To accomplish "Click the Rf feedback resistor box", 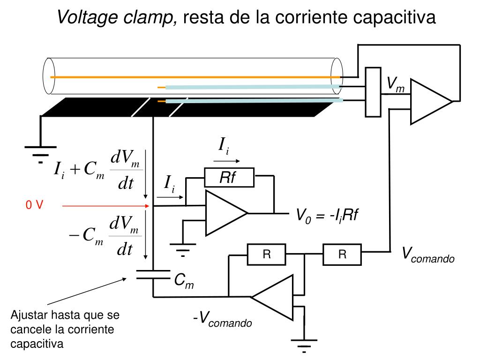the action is (x=229, y=177).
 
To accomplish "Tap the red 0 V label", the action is (x=34, y=205).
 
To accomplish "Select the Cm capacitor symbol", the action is (x=153, y=275).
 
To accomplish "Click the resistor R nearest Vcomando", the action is (x=342, y=255).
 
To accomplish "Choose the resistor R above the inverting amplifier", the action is (x=267, y=255).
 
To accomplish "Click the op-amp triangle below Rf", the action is (x=226, y=213).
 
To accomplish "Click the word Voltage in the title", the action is (x=87, y=17).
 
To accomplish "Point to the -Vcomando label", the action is (x=223, y=319).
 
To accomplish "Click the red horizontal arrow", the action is (x=105, y=206).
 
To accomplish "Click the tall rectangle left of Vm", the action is (x=373, y=92).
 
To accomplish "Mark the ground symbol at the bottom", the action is (x=304, y=346).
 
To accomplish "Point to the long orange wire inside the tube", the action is (x=195, y=77).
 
